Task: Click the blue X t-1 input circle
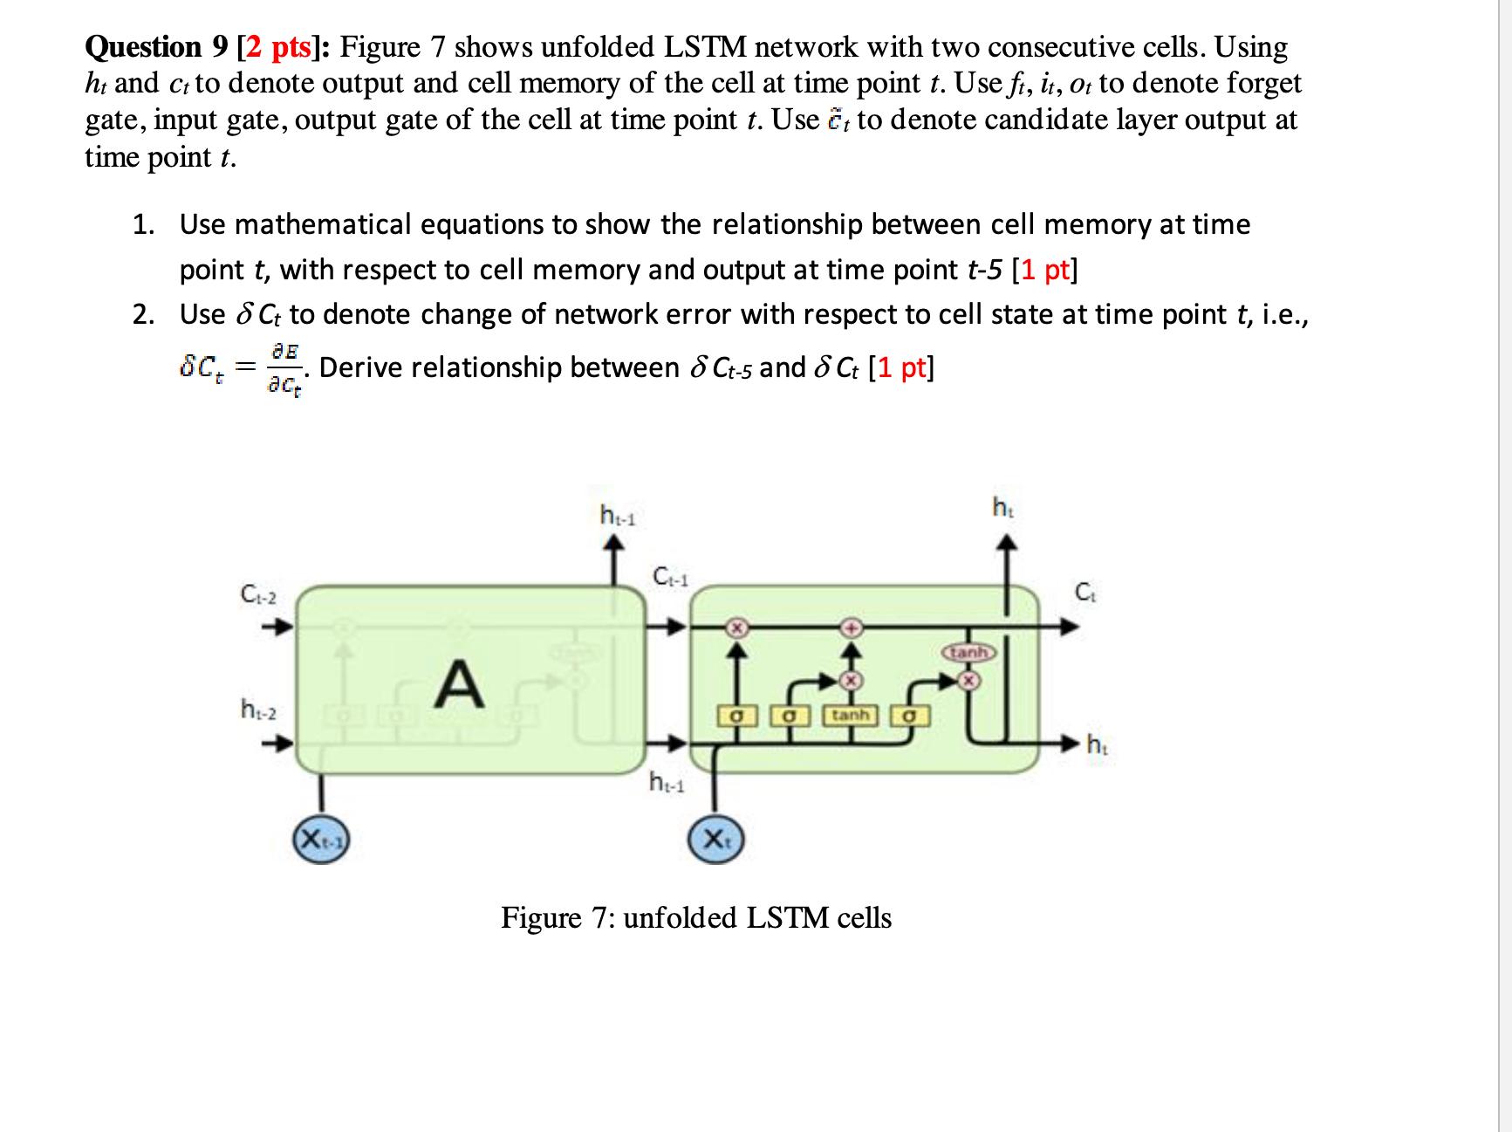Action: point(323,840)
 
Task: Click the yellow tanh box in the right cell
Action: point(851,716)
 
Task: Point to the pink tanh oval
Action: point(968,652)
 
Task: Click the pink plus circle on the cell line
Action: point(852,627)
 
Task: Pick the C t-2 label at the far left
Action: point(258,597)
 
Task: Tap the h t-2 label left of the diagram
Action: point(258,709)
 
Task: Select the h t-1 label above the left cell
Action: point(618,516)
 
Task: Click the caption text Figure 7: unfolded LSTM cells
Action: point(695,918)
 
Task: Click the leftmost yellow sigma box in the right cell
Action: point(735,716)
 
